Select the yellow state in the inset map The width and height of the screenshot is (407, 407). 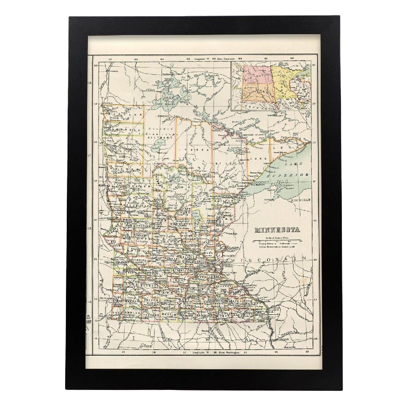(x=281, y=81)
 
